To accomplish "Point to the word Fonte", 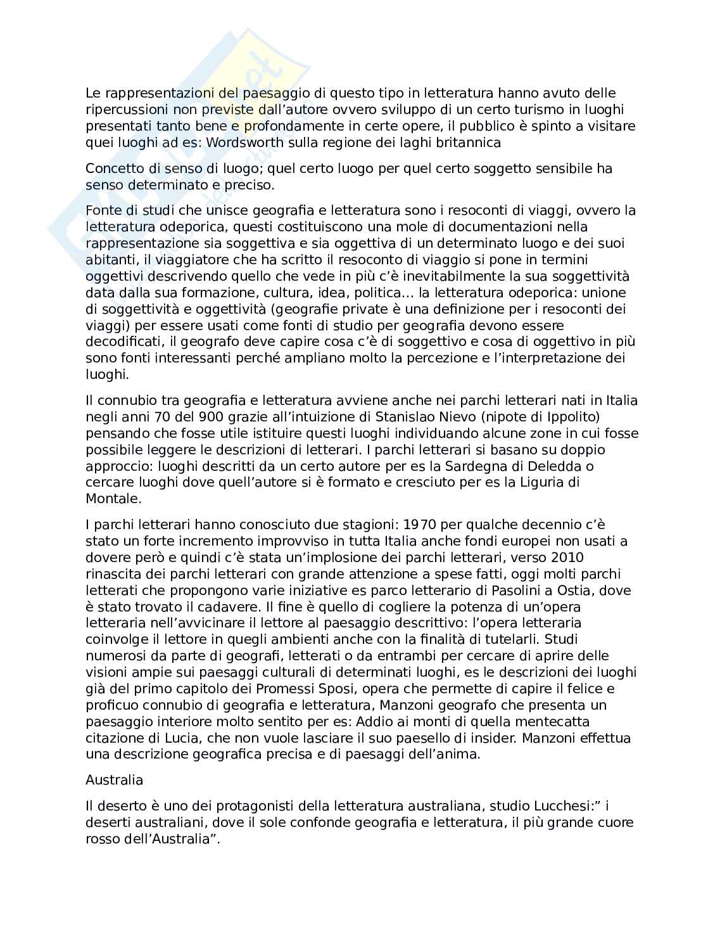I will tap(101, 210).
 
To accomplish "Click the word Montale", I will tap(111, 499).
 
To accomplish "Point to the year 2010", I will tap(567, 558).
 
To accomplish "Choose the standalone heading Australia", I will tap(114, 780).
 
